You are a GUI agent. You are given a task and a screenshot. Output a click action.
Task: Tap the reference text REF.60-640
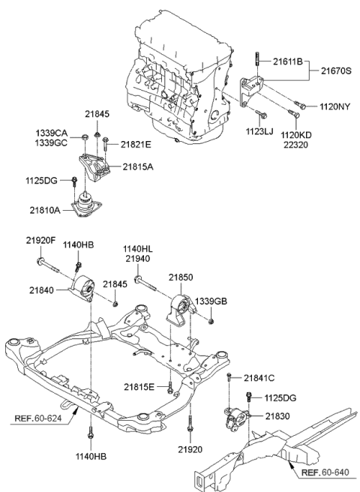click(321, 473)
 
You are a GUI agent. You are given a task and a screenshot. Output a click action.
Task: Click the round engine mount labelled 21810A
click(89, 205)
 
